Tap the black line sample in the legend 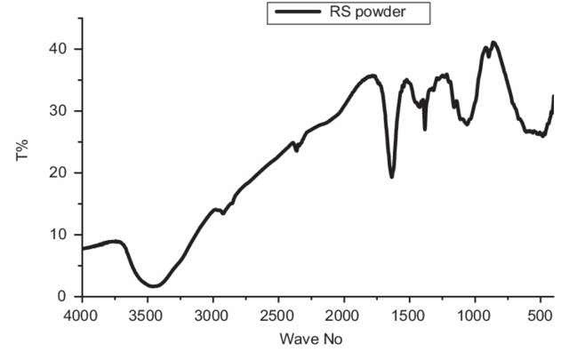pyautogui.click(x=298, y=12)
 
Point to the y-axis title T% pyautogui.click(x=24, y=154)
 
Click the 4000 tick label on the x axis pyautogui.click(x=82, y=314)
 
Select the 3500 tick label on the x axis pyautogui.click(x=147, y=314)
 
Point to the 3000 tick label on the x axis pyautogui.click(x=212, y=314)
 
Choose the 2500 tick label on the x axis pyautogui.click(x=278, y=314)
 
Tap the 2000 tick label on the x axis pyautogui.click(x=343, y=314)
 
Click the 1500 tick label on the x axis pyautogui.click(x=409, y=314)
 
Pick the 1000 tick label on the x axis pyautogui.click(x=474, y=314)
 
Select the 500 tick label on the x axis pyautogui.click(x=540, y=314)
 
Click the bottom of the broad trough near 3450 pyautogui.click(x=154, y=286)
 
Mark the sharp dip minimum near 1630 pyautogui.click(x=392, y=177)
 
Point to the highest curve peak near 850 pyautogui.click(x=494, y=42)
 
